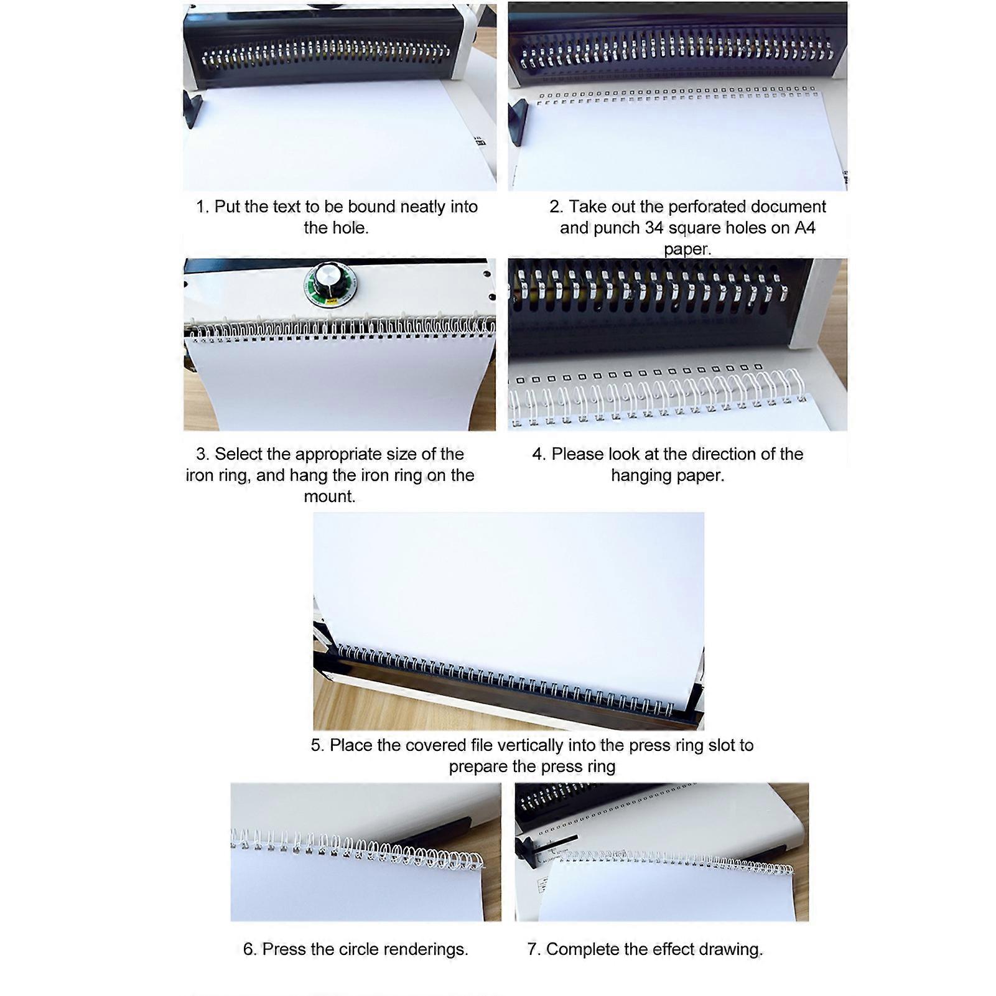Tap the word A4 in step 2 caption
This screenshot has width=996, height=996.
pos(805,228)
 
